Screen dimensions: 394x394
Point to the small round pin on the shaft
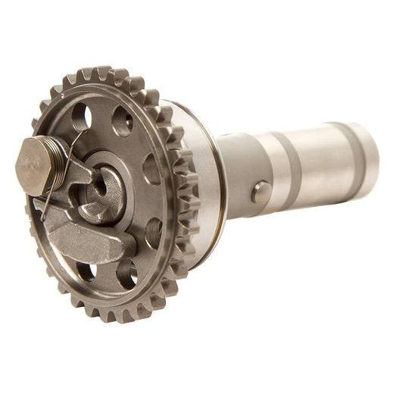pyautogui.click(x=261, y=192)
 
